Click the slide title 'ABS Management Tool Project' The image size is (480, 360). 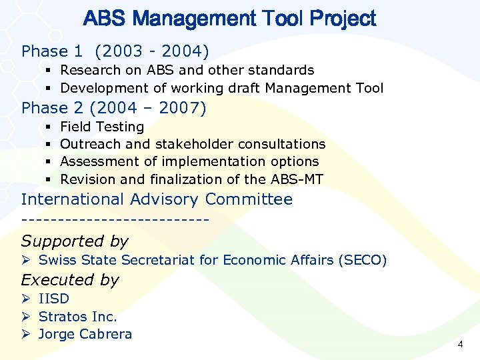(229, 19)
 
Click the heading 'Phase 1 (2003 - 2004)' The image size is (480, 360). (115, 51)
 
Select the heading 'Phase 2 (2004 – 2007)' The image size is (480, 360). (114, 108)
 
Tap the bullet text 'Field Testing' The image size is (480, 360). (102, 127)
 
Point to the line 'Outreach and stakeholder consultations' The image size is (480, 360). (193, 144)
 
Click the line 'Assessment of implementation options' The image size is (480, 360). (189, 161)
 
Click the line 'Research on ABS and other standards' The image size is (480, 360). (187, 70)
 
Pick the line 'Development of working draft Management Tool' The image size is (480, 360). (221, 88)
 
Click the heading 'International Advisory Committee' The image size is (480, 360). (157, 199)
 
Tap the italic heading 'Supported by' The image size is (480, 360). (75, 241)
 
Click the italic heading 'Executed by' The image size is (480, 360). (70, 280)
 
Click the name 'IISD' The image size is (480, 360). (54, 299)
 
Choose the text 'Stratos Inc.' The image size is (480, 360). (77, 317)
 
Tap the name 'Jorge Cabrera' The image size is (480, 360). (85, 334)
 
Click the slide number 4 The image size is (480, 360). (459, 345)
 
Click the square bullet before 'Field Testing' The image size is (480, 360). (50, 127)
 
